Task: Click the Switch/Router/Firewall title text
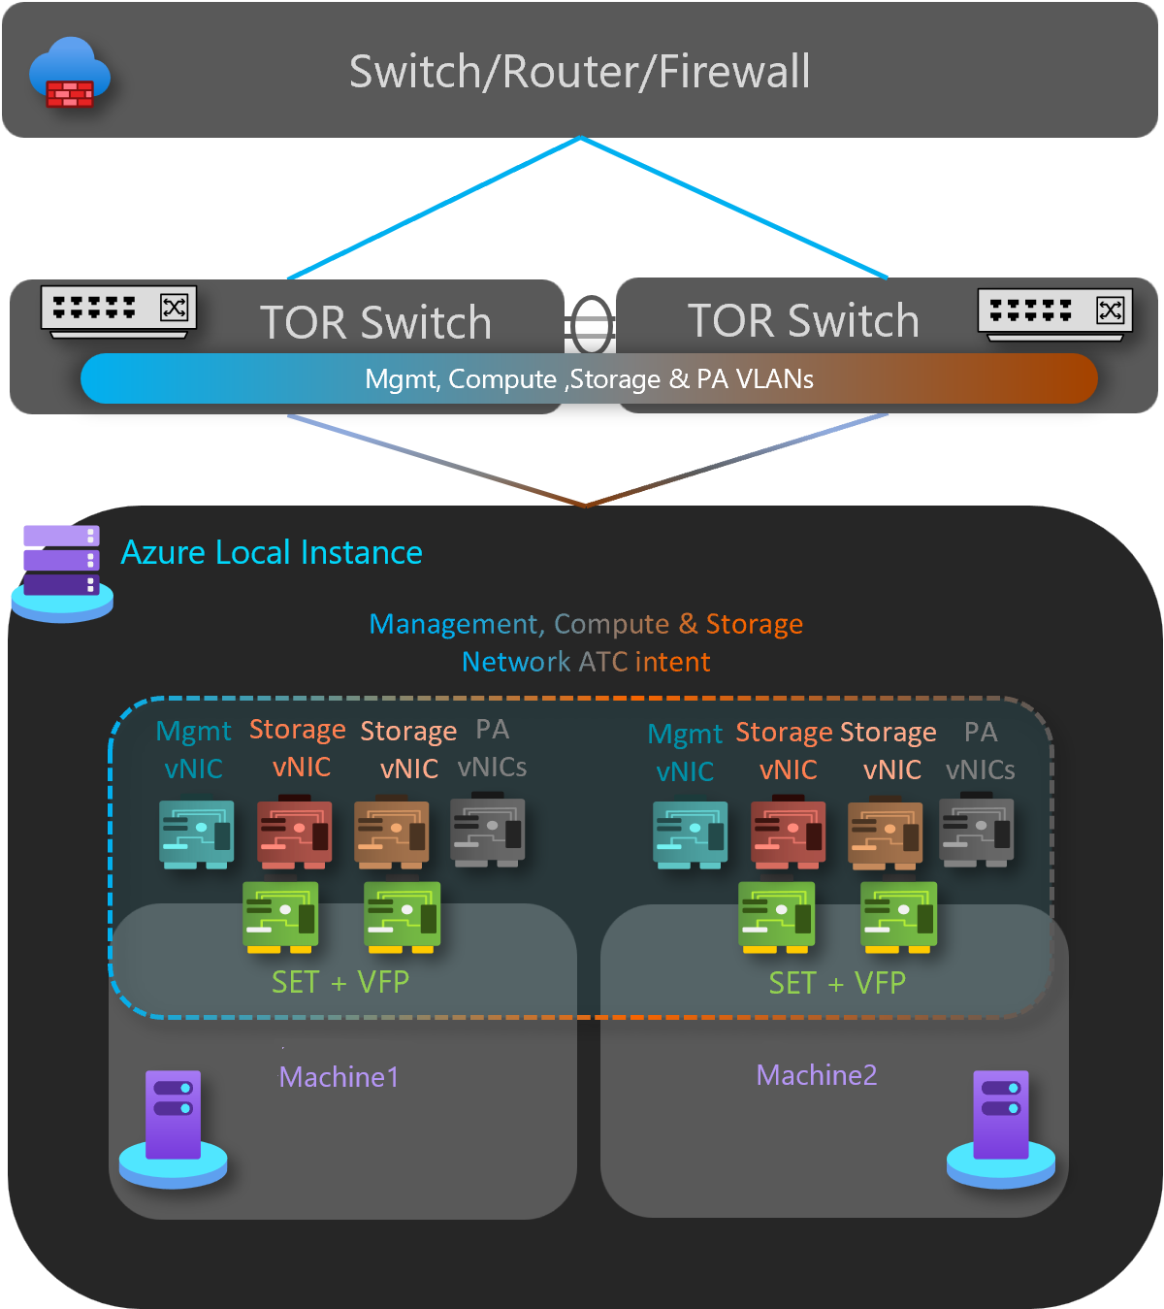(579, 72)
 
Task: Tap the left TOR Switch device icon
(118, 311)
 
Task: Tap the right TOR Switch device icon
(1054, 313)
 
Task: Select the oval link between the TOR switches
(591, 325)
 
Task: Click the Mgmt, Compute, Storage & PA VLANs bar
(589, 378)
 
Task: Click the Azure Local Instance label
(272, 552)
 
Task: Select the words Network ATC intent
(586, 662)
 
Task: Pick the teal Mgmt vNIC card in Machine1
(196, 834)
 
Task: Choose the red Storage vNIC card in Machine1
(294, 833)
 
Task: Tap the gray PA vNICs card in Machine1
(488, 832)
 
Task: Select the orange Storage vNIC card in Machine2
(885, 834)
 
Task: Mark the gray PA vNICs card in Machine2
(976, 832)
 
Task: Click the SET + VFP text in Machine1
(340, 982)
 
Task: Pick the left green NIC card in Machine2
(776, 916)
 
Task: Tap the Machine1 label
(339, 1077)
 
